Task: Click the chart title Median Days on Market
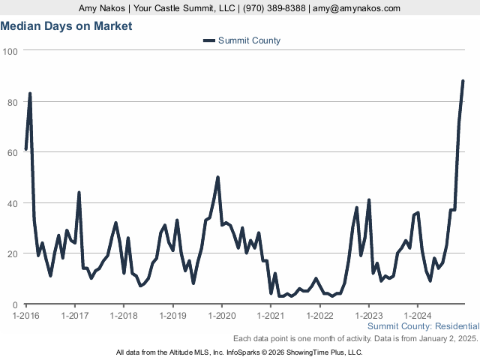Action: pos(66,26)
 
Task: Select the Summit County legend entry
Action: pos(241,40)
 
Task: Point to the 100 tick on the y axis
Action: pos(10,51)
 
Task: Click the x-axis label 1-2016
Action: pos(26,316)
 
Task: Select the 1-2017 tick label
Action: pos(75,316)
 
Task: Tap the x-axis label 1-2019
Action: pos(173,316)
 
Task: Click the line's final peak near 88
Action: pos(463,81)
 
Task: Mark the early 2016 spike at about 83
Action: pos(30,94)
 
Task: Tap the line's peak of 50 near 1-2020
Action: pos(217,178)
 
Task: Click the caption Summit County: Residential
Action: pos(423,326)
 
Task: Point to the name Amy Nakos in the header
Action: pos(103,8)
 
